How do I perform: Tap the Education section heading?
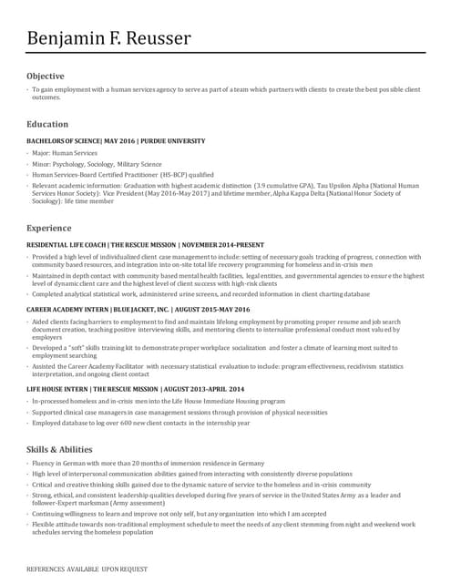(47, 124)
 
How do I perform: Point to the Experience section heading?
(49, 227)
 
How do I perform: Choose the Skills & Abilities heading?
(59, 449)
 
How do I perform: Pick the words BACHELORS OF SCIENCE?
(65, 141)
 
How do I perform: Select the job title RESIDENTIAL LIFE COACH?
(67, 245)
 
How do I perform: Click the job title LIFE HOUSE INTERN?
(56, 388)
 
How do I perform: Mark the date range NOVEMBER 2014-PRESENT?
(223, 245)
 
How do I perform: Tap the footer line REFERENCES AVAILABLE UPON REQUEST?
(87, 568)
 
